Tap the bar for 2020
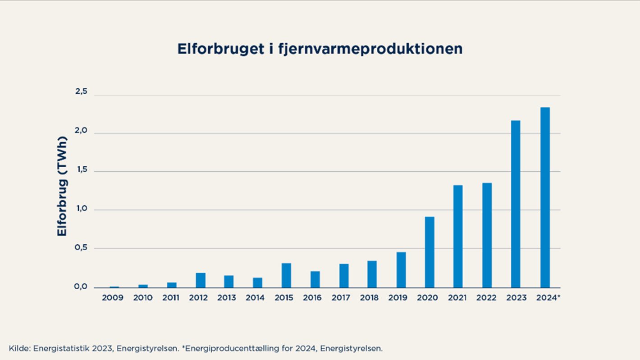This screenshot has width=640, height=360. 430,252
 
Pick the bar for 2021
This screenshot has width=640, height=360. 458,236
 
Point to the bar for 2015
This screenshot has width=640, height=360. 286,275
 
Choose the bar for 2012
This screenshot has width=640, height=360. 201,280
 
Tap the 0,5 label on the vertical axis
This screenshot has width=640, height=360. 81,248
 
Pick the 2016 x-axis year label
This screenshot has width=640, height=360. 312,298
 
